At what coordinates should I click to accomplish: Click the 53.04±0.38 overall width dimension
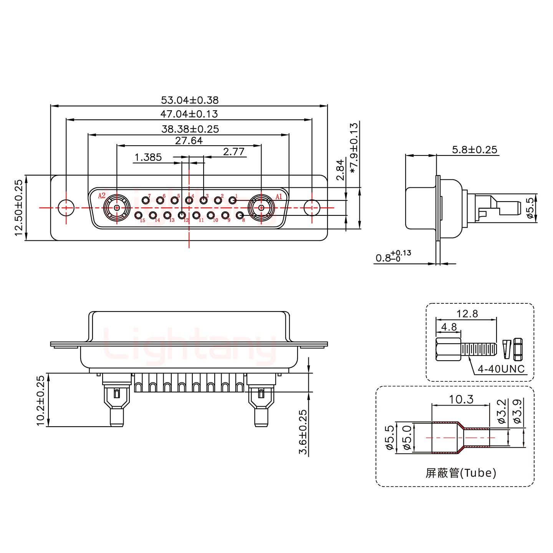point(190,100)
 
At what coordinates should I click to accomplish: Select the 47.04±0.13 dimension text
point(189,114)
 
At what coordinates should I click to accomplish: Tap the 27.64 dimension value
point(189,141)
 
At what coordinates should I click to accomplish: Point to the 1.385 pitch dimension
point(148,157)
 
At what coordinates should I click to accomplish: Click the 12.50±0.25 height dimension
point(19,207)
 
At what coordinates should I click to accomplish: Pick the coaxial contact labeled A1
point(261,207)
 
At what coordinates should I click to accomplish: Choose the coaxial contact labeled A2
point(116,207)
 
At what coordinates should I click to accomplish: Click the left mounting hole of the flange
point(66,207)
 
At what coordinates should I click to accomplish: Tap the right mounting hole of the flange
point(312,207)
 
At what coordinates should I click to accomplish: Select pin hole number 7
point(146,200)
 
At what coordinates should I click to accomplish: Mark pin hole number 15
point(139,215)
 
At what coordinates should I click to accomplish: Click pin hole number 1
point(232,200)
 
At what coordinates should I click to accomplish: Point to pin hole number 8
point(239,215)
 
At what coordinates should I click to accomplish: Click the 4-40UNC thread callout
point(501,369)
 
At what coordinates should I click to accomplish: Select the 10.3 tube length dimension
point(461,399)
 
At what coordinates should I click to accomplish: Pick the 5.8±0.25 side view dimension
point(475,149)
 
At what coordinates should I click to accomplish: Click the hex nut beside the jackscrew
point(518,349)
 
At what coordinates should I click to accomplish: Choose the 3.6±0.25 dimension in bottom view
point(303,432)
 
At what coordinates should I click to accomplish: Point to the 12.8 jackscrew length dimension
point(467,314)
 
